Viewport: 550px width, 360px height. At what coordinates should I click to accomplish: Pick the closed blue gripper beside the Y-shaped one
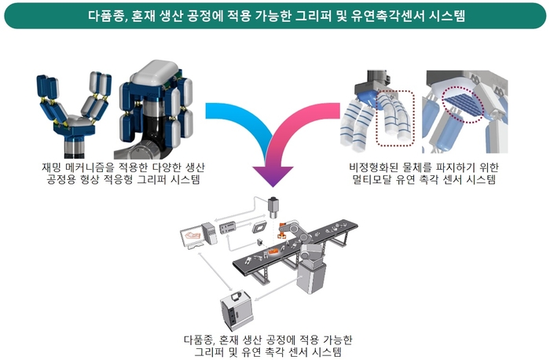pyautogui.click(x=153, y=102)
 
